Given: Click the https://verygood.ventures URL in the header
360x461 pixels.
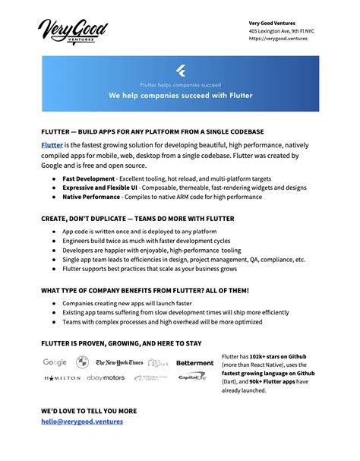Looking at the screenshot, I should click(278, 39).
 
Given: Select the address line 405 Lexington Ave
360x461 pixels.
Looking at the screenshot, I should click(281, 30).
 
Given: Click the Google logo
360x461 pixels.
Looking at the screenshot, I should click(55, 363).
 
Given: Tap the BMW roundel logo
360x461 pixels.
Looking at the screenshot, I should click(83, 363).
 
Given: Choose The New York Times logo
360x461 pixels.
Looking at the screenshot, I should click(119, 363).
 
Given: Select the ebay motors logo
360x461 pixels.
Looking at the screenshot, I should click(106, 377).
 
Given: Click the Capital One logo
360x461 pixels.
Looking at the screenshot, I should click(192, 377).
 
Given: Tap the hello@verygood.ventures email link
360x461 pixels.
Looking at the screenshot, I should click(81, 422).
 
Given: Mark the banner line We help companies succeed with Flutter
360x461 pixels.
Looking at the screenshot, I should click(180, 96).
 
